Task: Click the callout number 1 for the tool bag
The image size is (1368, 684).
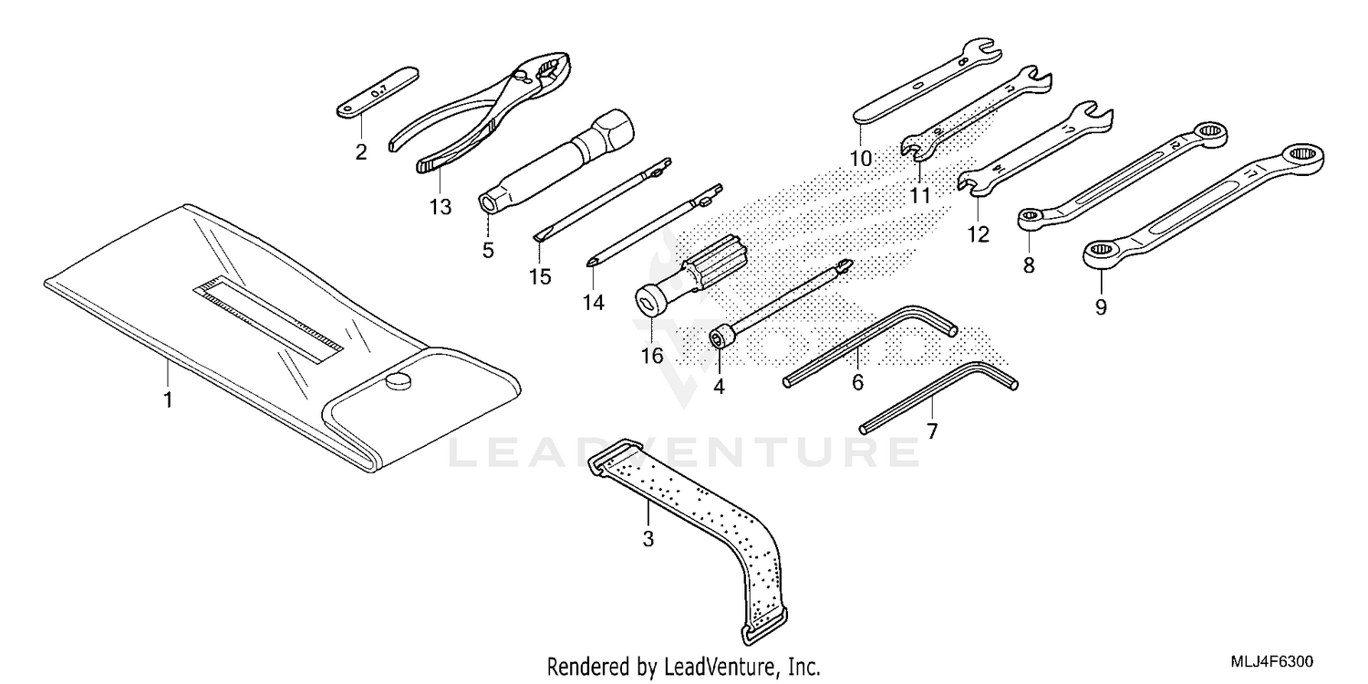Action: point(168,399)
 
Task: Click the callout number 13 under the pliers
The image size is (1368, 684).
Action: point(440,207)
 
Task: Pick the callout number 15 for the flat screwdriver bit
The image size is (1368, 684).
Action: point(540,276)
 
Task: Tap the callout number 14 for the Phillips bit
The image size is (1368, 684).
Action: point(594,302)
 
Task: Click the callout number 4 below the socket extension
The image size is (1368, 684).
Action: point(719,386)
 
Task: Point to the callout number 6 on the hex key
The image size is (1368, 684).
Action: point(857,382)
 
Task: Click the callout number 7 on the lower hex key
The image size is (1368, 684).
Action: point(931,431)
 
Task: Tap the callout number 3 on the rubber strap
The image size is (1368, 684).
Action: point(648,539)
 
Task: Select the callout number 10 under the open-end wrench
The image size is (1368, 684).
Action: point(861,158)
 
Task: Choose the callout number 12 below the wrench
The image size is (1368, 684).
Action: point(978,234)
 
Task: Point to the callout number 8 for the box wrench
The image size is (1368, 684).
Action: point(1029,265)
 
